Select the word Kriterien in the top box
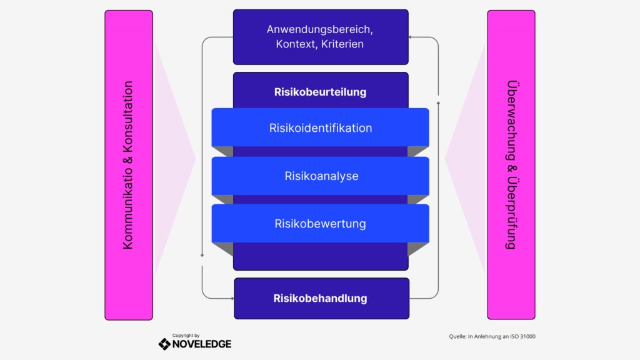(x=342, y=45)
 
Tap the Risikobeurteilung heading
(x=320, y=92)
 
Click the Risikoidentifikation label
(x=321, y=128)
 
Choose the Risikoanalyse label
(x=321, y=176)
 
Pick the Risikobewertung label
(x=320, y=224)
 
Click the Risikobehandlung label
(x=320, y=298)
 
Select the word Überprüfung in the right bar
(x=511, y=216)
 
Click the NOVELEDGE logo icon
(x=164, y=344)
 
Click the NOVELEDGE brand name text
(x=202, y=344)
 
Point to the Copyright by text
(x=186, y=335)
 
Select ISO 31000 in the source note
(x=521, y=337)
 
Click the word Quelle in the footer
(x=457, y=337)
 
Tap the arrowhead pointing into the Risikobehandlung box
(x=231, y=298)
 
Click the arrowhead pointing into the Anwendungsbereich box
(x=411, y=37)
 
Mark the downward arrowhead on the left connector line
(x=202, y=255)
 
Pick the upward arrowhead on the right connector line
(x=438, y=101)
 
